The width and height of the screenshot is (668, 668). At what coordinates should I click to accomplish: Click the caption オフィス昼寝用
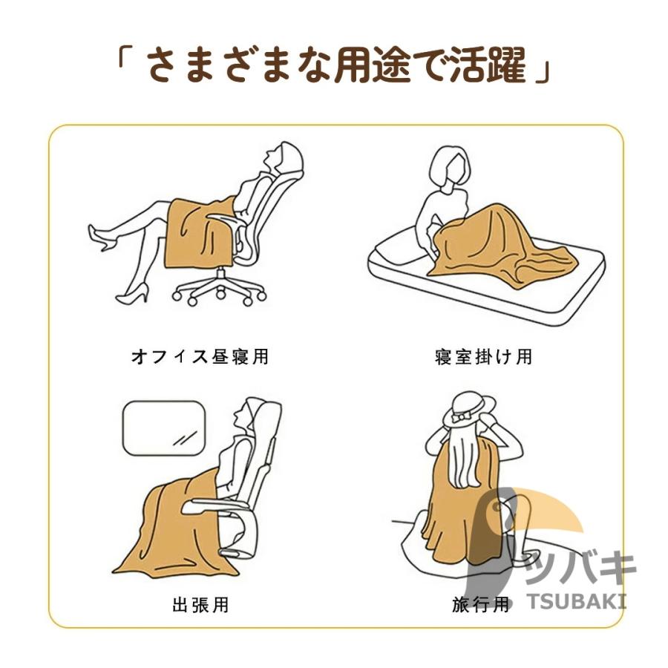pyautogui.click(x=200, y=356)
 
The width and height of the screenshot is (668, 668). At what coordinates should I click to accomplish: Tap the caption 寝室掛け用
pyautogui.click(x=483, y=356)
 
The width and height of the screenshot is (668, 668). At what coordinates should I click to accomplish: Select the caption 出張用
pyautogui.click(x=200, y=604)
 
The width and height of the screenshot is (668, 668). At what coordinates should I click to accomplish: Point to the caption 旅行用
pyautogui.click(x=480, y=604)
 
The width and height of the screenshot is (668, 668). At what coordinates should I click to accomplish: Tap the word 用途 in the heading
pyautogui.click(x=373, y=65)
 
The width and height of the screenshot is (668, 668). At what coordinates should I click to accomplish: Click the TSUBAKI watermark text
pyautogui.click(x=577, y=601)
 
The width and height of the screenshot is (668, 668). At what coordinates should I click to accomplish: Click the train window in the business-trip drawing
pyautogui.click(x=165, y=428)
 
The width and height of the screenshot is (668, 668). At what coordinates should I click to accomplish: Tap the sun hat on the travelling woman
pyautogui.click(x=468, y=411)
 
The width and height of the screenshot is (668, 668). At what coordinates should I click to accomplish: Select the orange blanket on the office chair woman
pyautogui.click(x=198, y=232)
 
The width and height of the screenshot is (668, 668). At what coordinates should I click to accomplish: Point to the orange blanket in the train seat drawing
pyautogui.click(x=179, y=524)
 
